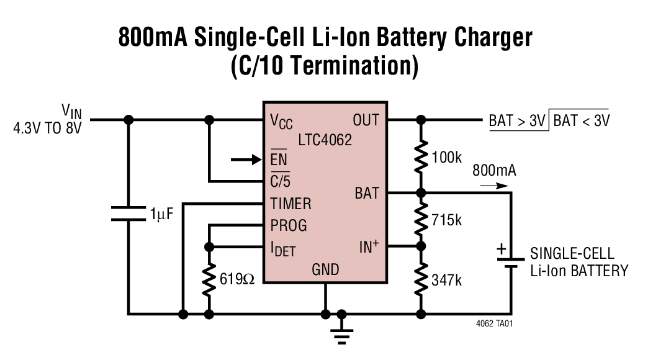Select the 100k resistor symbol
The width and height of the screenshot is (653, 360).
point(421,156)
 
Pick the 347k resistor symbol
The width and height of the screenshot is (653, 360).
point(421,279)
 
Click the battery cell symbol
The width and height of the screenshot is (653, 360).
point(511,263)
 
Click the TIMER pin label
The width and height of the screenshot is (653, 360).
point(290,203)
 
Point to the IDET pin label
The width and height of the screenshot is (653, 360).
point(282,250)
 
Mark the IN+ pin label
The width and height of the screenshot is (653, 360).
point(369,247)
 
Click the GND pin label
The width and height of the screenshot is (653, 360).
point(325,269)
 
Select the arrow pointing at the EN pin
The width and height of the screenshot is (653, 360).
point(245,160)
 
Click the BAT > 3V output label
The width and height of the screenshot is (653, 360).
point(517,120)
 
